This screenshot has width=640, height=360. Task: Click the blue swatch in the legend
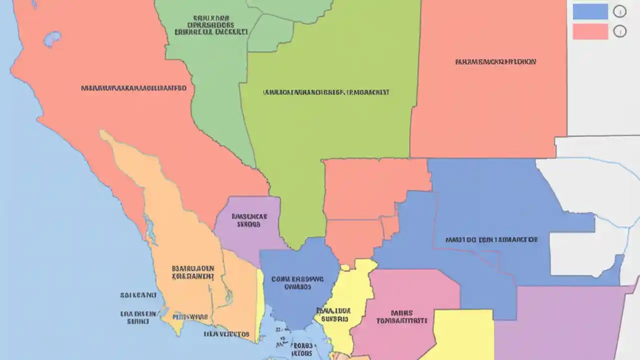coord(590,11)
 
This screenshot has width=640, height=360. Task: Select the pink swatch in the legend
coord(590,31)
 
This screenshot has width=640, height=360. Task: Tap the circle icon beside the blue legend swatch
coord(619,11)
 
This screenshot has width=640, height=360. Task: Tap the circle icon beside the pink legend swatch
coord(619,31)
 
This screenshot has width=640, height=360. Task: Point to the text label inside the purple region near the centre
coord(249,221)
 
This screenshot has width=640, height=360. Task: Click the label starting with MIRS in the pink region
coord(402,316)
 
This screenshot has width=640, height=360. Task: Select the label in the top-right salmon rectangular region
coord(495,62)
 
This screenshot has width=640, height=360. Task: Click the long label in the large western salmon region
coord(133,88)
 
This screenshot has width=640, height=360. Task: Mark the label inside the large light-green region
coord(326,92)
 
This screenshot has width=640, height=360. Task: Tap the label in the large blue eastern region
coord(491,239)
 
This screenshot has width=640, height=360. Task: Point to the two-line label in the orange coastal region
coord(192,271)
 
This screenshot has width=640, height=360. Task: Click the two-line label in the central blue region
coord(297,283)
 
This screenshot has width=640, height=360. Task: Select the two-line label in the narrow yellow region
coord(333,314)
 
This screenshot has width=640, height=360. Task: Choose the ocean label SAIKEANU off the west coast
coord(138,295)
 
